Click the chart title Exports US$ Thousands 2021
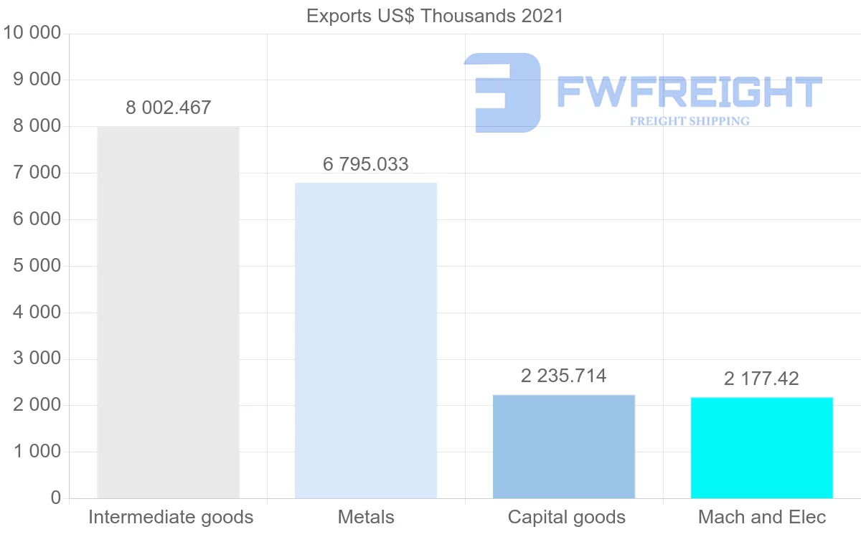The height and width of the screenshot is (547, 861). (x=435, y=16)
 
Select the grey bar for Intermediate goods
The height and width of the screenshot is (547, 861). (x=168, y=313)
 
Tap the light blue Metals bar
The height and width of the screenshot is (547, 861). (x=366, y=341)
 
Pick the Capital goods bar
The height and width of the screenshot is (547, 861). (x=564, y=446)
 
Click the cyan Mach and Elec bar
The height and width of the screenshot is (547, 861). (x=762, y=447)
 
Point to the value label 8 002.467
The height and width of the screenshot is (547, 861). (x=169, y=108)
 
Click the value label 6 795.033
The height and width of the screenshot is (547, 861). (x=366, y=164)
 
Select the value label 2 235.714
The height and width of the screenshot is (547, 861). (x=564, y=376)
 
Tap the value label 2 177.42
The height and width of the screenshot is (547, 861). (x=761, y=379)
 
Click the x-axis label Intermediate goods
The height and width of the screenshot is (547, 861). (x=171, y=517)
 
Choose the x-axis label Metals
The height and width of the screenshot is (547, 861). (x=366, y=517)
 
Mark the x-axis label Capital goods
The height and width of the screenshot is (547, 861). (x=567, y=517)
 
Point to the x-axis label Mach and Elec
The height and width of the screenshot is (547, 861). (x=762, y=517)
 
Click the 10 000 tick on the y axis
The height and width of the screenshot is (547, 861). (x=32, y=33)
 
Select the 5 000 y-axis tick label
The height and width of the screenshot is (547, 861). (x=37, y=266)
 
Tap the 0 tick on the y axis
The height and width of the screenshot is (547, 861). (x=56, y=498)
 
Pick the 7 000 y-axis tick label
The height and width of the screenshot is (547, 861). (x=37, y=173)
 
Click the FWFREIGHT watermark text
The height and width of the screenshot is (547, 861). (x=689, y=92)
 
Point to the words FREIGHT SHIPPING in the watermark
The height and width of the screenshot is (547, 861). (x=690, y=121)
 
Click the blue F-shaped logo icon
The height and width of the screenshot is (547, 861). (x=502, y=92)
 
